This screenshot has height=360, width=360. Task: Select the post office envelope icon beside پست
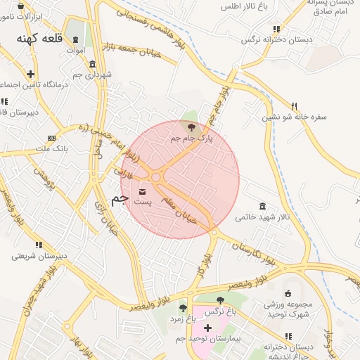(x=143, y=192)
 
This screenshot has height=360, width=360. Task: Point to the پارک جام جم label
(x=191, y=139)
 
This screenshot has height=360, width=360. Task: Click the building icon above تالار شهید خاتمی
(x=262, y=206)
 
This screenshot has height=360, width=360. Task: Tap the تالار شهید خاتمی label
(x=262, y=218)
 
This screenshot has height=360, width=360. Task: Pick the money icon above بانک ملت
(x=51, y=138)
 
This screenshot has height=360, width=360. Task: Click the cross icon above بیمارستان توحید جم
(x=207, y=328)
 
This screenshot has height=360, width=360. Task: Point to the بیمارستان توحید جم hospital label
(x=208, y=340)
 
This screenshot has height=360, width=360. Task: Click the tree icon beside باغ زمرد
(x=183, y=308)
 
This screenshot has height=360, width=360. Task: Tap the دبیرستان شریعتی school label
(x=39, y=256)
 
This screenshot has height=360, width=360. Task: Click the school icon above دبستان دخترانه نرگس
(x=276, y=30)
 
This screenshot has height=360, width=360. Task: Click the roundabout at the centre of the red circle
(x=156, y=178)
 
